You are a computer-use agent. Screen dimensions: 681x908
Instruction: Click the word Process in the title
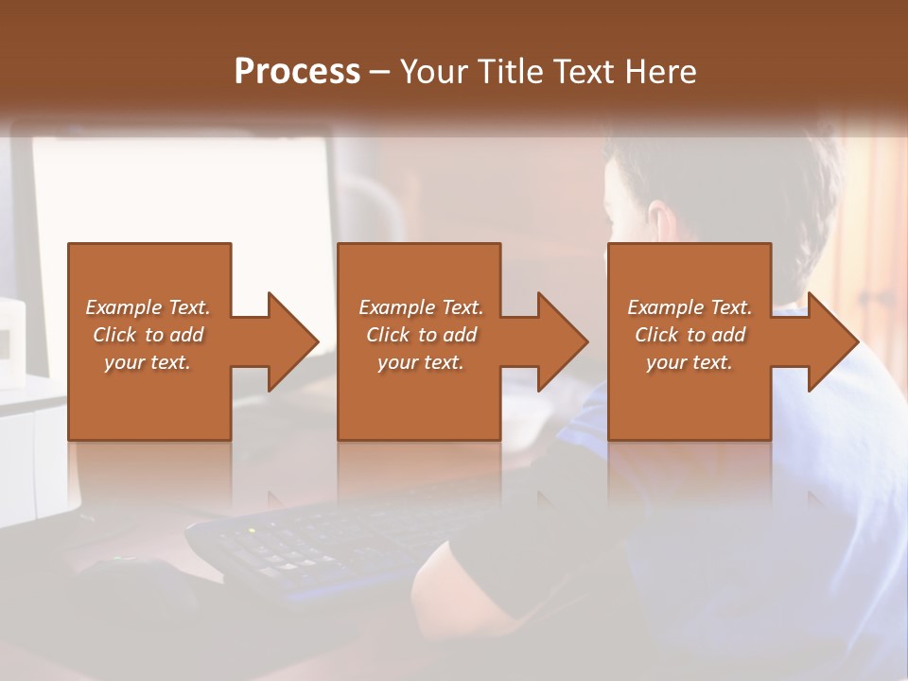tap(297, 72)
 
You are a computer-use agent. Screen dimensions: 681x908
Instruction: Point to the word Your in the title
tap(435, 72)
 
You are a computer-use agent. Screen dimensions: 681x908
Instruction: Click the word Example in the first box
tap(124, 307)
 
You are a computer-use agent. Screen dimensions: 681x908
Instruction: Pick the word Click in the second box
tap(387, 335)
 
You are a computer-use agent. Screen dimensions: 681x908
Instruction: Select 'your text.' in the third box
tap(690, 362)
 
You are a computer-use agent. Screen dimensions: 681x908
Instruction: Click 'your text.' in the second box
tap(420, 362)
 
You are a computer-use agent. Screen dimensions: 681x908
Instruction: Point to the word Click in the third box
tap(656, 335)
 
